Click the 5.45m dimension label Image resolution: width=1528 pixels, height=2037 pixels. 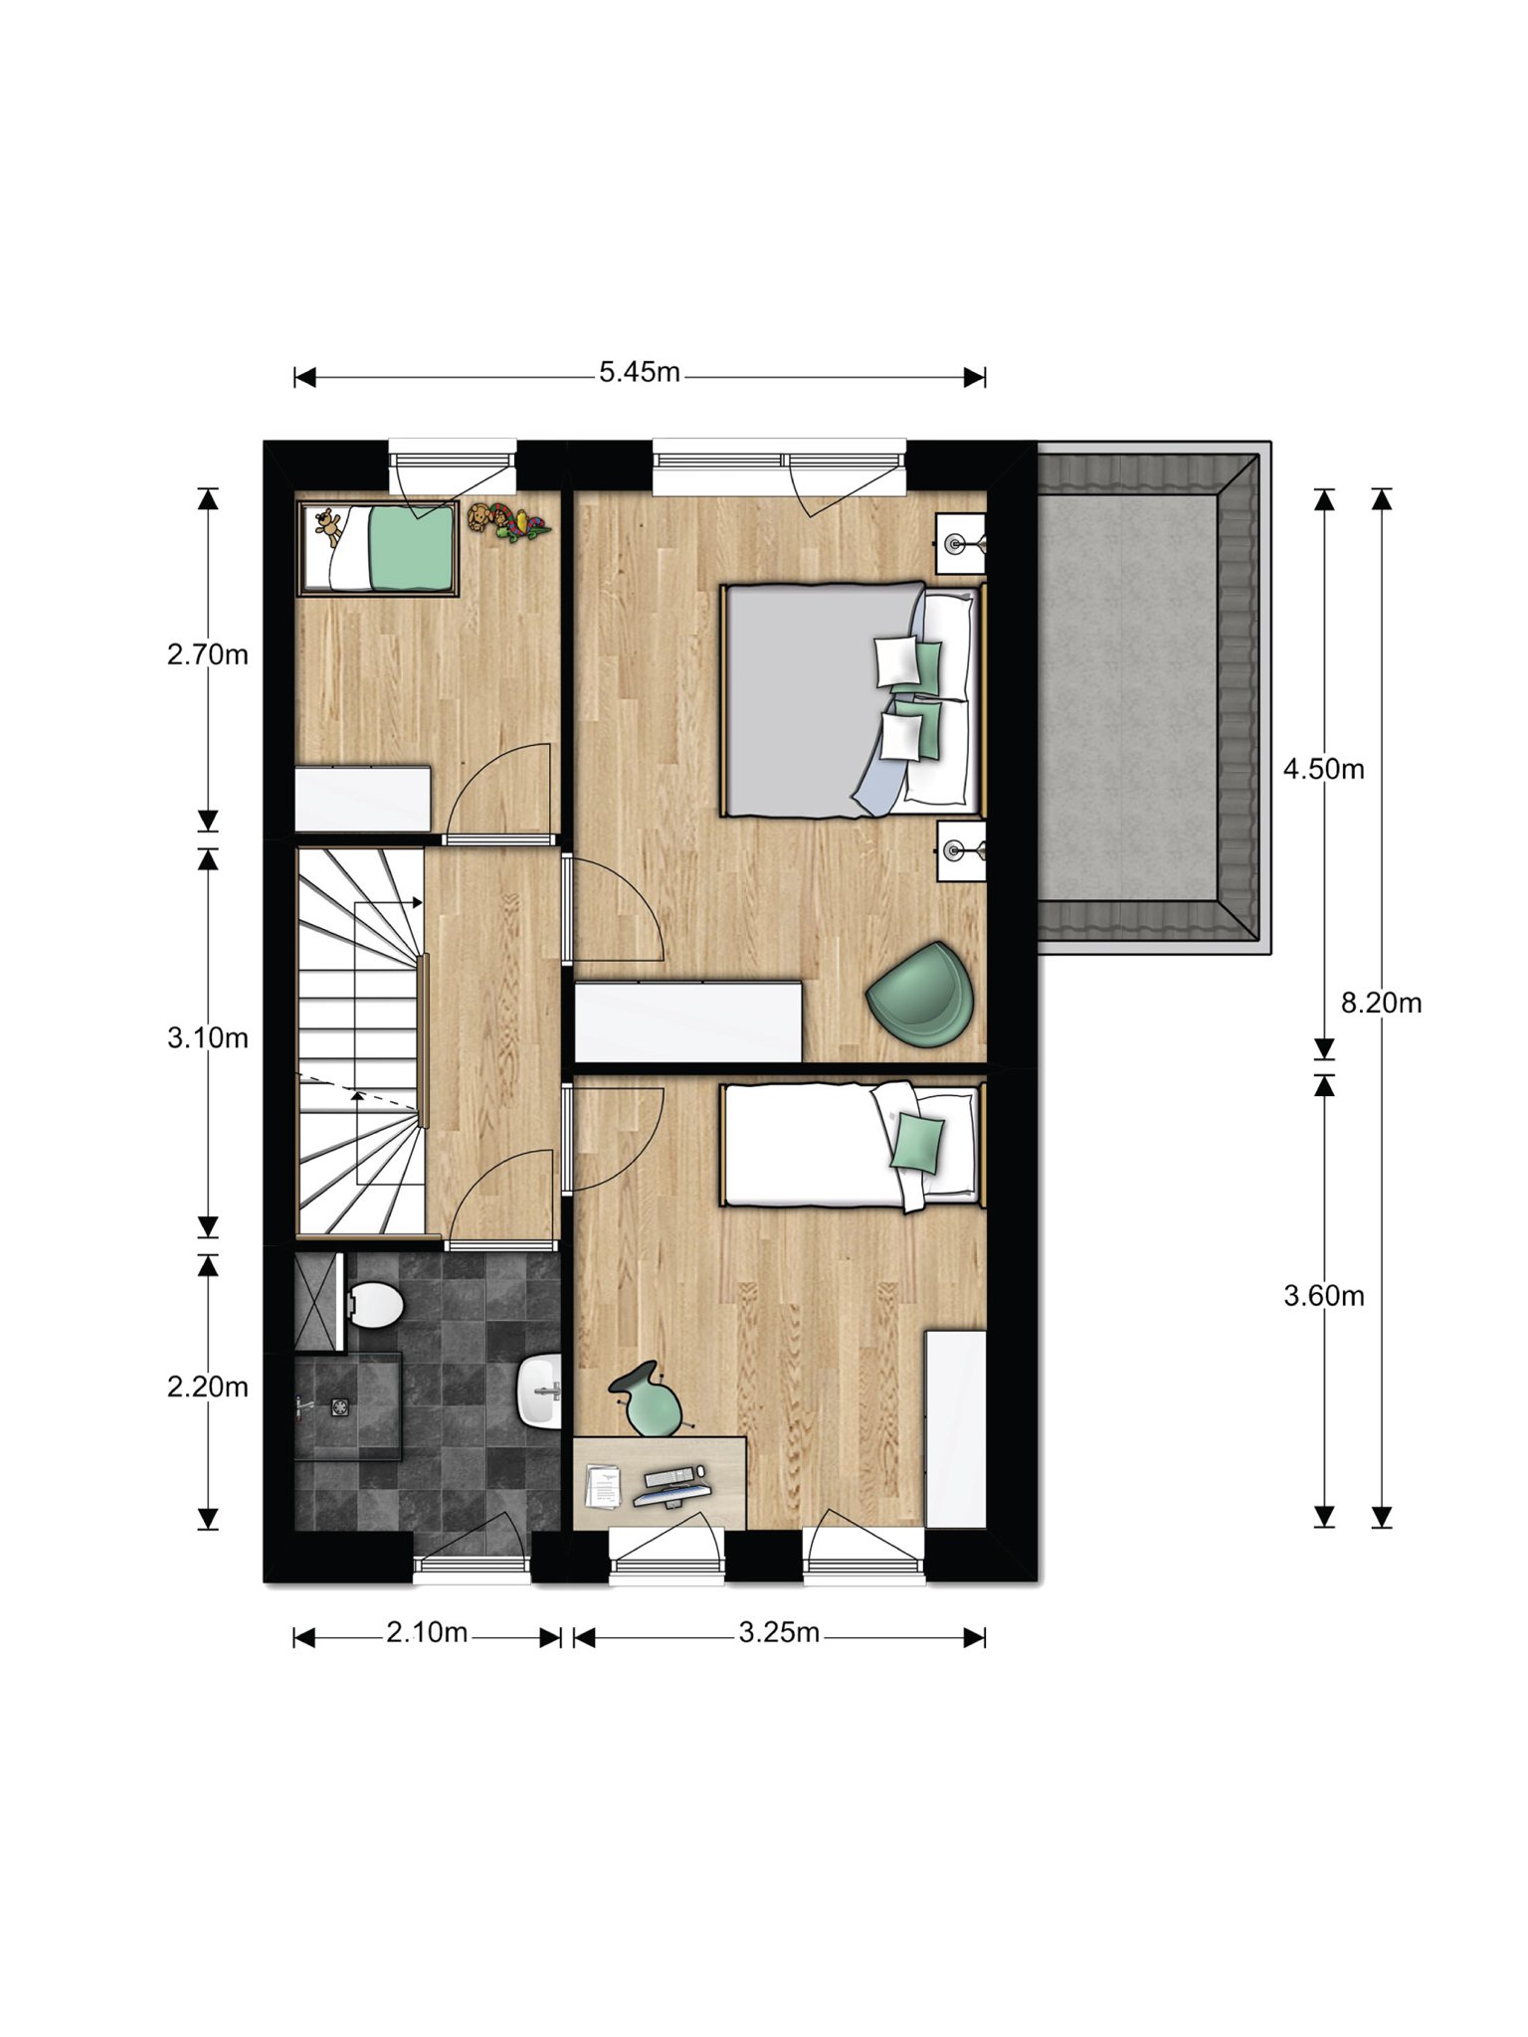640,372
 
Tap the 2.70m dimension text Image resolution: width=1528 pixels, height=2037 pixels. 207,654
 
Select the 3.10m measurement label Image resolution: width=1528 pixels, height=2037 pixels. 207,1037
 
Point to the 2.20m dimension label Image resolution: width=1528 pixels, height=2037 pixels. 207,1386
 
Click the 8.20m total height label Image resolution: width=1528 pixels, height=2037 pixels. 1381,1003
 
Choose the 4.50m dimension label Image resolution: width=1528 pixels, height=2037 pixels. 1323,769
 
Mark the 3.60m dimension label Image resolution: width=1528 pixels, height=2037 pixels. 1323,1295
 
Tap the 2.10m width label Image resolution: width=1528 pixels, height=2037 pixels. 427,1632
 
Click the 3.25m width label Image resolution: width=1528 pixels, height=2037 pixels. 779,1632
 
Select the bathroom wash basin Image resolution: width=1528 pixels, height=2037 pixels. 538,1390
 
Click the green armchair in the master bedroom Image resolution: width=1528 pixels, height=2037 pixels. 919,995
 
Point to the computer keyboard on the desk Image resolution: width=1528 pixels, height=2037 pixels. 668,1475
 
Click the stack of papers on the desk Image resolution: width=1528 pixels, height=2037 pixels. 602,1486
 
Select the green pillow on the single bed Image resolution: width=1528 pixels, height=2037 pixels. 916,1142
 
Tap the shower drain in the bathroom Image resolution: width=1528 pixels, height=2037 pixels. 341,1405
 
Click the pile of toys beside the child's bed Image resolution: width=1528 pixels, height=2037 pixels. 507,522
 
